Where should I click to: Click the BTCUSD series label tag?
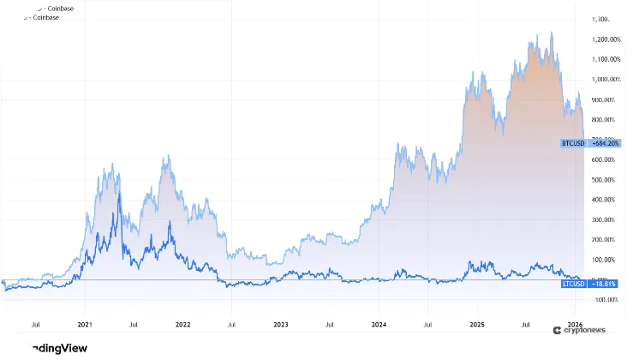(571, 143)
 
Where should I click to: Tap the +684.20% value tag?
(602, 143)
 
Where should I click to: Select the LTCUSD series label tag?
(571, 282)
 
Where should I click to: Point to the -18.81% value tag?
(603, 282)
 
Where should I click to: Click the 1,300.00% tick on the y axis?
(605, 19)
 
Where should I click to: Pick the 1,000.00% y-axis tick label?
(605, 79)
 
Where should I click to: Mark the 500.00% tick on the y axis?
(605, 179)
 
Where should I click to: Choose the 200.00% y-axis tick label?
(605, 239)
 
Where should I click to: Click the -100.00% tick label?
(605, 299)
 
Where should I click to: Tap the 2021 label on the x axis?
(84, 325)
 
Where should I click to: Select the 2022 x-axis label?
(182, 325)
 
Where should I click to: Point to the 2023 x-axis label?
(281, 325)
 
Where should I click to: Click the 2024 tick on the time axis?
(379, 325)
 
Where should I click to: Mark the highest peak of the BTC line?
(551, 33)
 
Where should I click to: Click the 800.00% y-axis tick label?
(605, 119)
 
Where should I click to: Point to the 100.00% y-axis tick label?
(605, 259)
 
